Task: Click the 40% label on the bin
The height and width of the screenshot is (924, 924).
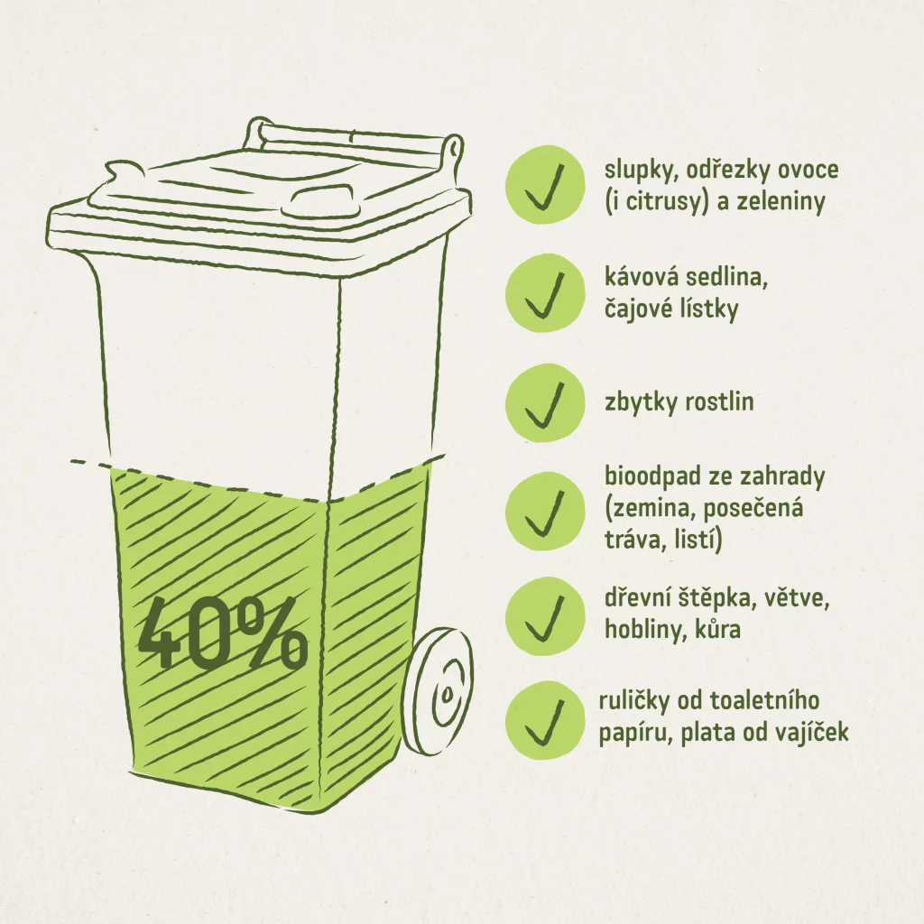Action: click(222, 633)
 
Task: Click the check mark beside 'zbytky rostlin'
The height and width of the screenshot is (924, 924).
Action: click(545, 403)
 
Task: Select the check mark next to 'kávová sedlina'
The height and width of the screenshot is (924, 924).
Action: click(545, 294)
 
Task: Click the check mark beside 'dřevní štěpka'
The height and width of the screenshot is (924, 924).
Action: click(545, 616)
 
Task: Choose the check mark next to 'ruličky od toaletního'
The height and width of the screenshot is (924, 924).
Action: click(545, 721)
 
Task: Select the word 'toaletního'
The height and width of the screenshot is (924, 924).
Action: click(764, 701)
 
